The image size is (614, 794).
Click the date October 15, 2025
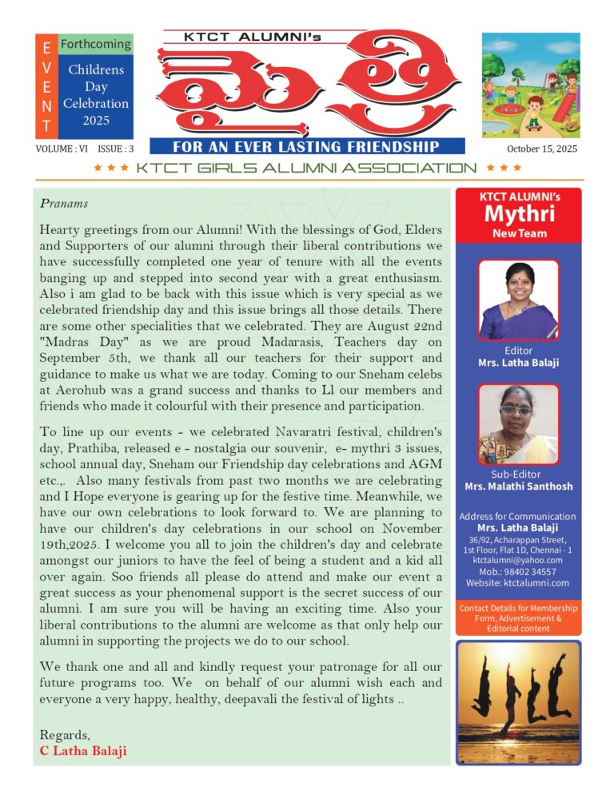(541, 149)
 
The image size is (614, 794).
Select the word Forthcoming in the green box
(96, 45)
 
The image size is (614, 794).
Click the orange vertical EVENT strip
(46, 86)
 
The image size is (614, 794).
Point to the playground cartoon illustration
(530, 85)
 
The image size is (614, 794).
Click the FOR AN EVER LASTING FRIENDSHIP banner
(306, 147)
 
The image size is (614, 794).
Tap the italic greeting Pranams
(64, 204)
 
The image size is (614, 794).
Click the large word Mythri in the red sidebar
(518, 215)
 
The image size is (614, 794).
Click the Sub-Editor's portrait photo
(518, 424)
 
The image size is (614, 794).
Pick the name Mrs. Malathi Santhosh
(518, 486)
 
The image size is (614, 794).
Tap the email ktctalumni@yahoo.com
(518, 561)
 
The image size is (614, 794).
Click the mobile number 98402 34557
(529, 572)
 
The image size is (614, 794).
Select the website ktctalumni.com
(536, 583)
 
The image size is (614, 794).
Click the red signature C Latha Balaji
(83, 751)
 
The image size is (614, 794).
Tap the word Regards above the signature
(64, 735)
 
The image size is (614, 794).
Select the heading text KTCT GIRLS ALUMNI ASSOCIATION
(306, 168)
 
